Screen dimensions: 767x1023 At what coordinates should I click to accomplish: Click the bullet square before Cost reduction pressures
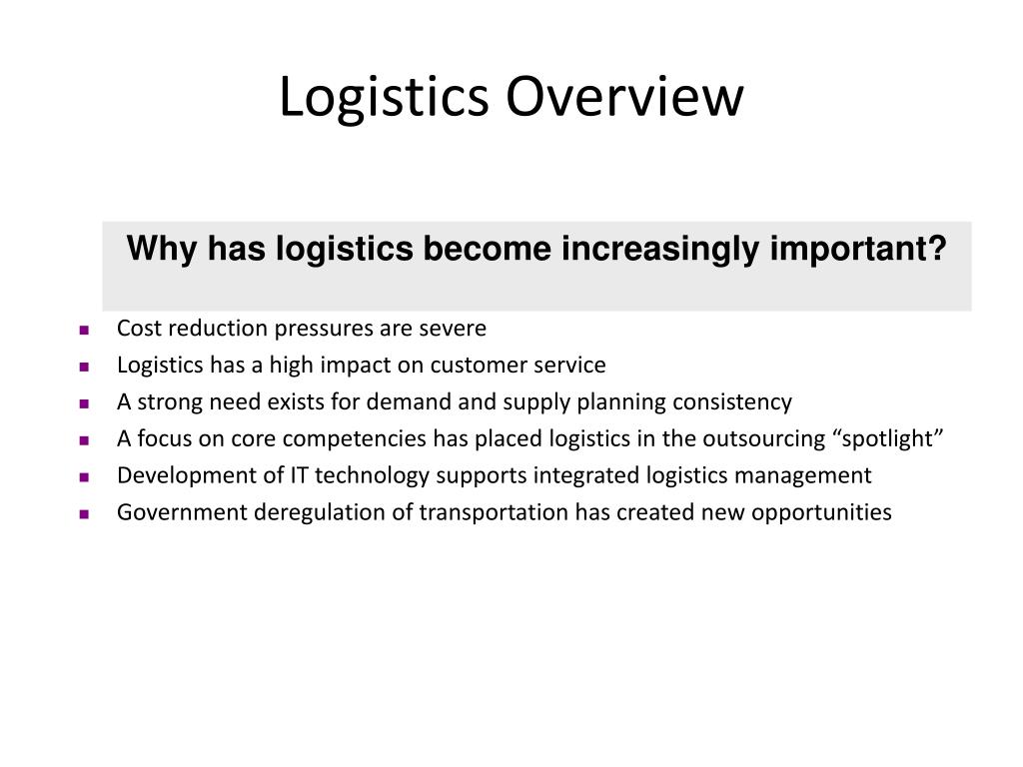[x=84, y=330]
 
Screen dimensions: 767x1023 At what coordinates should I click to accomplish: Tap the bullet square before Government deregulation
[x=84, y=514]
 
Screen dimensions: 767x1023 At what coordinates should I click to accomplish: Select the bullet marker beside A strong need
[x=84, y=403]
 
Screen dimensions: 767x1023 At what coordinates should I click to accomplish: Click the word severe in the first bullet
[x=457, y=329]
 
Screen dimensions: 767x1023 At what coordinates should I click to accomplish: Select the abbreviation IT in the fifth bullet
[x=300, y=476]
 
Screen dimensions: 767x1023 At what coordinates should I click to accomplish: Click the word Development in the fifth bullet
[x=177, y=476]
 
